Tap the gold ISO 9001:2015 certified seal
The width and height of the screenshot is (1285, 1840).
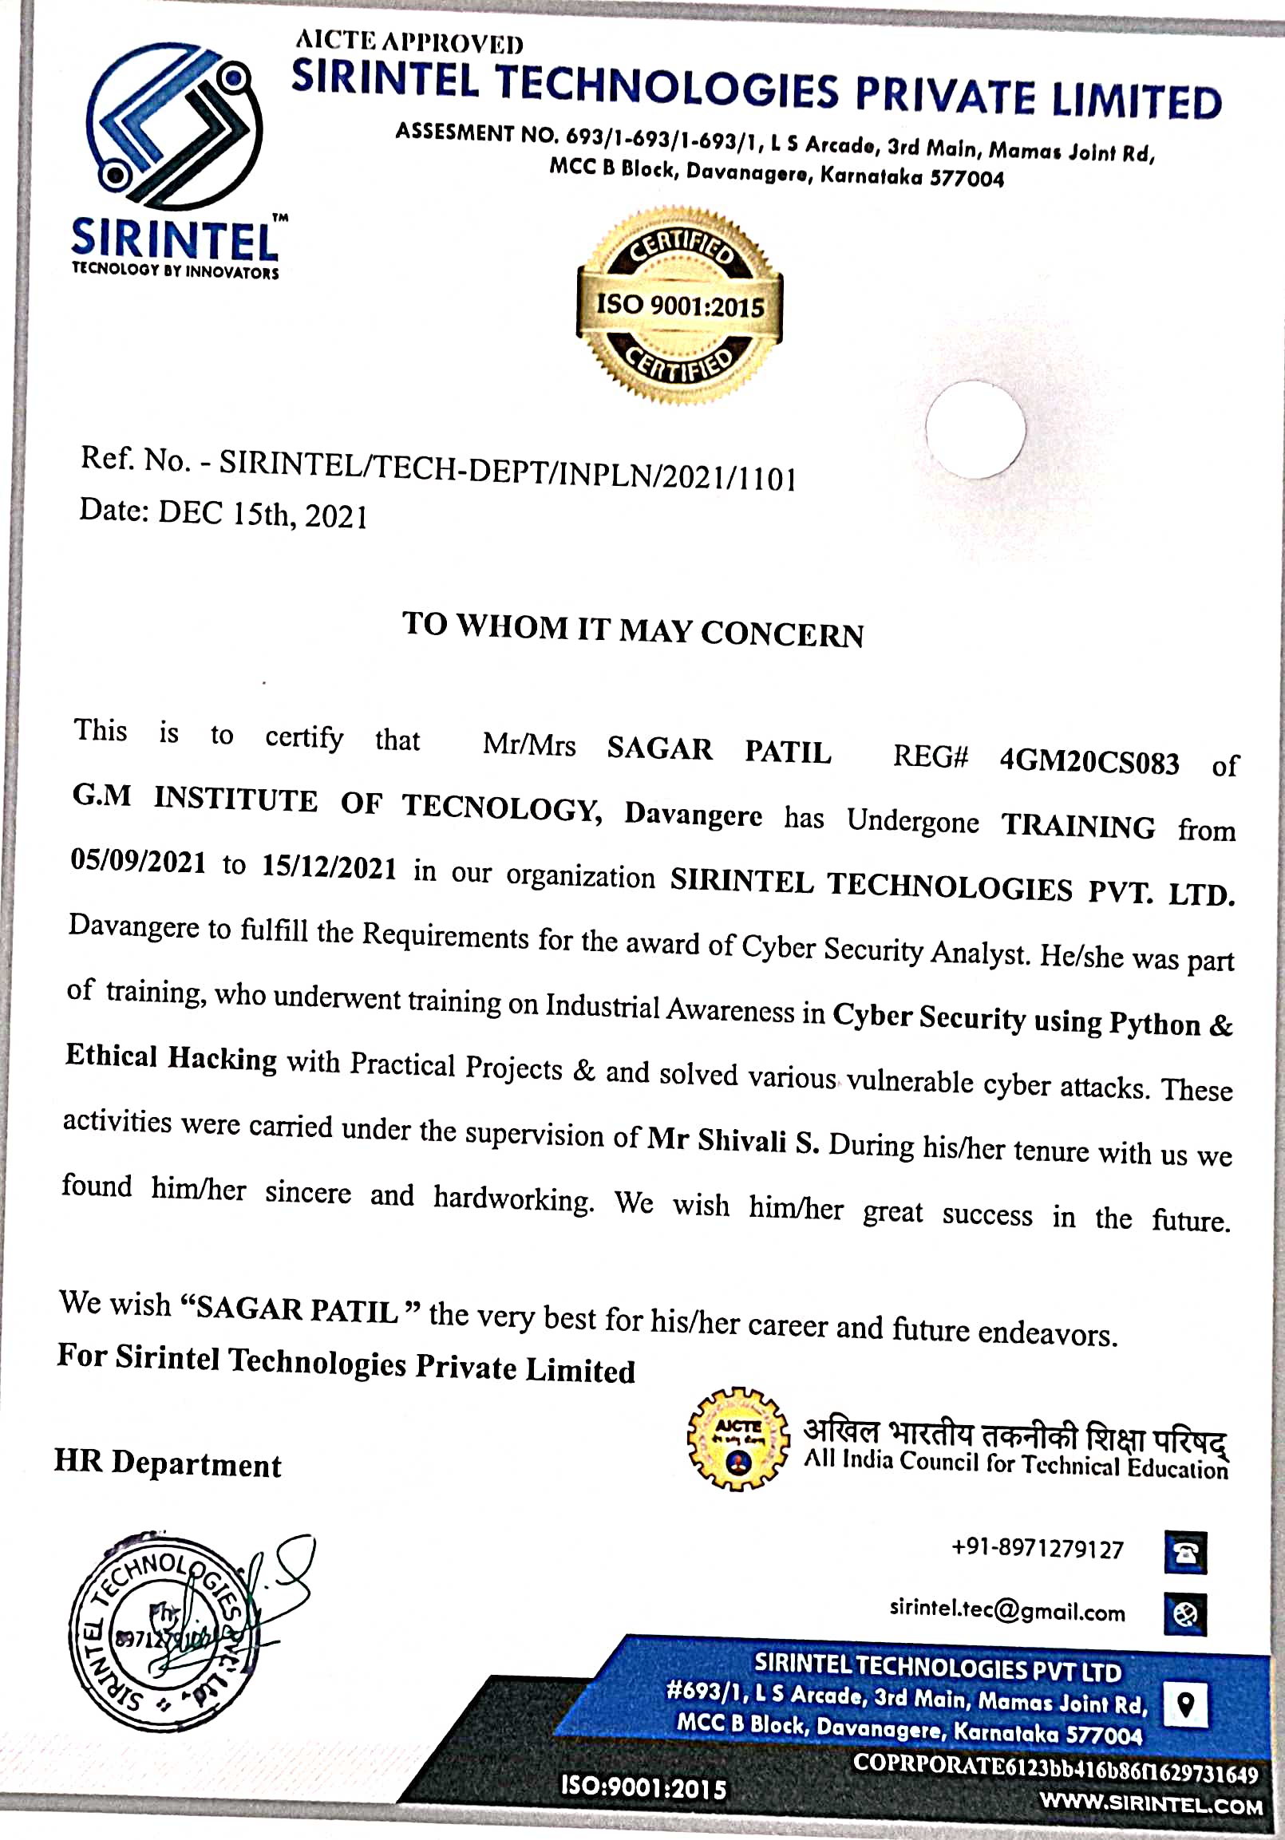click(x=680, y=306)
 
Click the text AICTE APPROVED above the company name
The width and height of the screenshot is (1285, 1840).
click(x=409, y=41)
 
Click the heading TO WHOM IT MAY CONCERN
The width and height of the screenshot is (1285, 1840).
click(x=632, y=629)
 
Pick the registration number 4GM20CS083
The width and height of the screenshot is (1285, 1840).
click(x=1089, y=760)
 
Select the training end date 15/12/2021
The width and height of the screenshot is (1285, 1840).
click(x=329, y=867)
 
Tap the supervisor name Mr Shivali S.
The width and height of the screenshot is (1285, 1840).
click(x=733, y=1140)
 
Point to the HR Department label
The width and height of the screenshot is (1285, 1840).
click(x=168, y=1463)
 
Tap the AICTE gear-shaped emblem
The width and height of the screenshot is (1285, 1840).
click(x=738, y=1439)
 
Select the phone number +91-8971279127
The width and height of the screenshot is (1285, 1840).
click(x=1038, y=1548)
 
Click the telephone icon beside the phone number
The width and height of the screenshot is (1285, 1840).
click(x=1184, y=1552)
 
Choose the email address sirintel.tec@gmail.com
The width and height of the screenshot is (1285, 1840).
click(x=1006, y=1609)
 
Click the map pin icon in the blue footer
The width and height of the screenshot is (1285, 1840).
click(x=1185, y=1703)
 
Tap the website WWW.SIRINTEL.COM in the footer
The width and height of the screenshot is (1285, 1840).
click(x=1151, y=1804)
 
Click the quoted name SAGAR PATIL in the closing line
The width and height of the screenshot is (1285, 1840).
click(x=297, y=1309)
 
